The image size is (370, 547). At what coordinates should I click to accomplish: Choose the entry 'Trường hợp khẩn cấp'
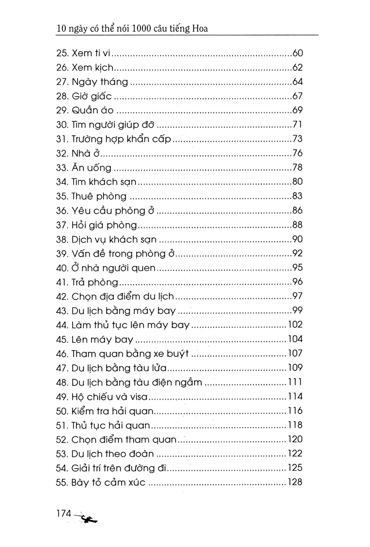(122, 139)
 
